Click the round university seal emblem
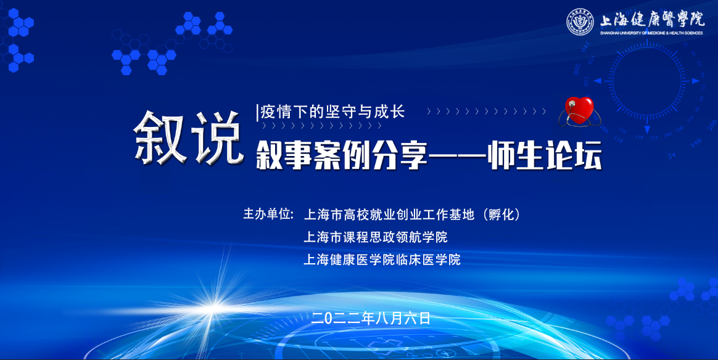580,22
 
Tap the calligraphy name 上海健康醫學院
652,19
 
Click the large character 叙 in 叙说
160,137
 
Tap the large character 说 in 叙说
217,137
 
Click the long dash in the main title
458,157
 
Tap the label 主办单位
266,214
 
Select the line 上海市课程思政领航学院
376,237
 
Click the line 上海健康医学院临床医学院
382,260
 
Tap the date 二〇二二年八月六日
371,318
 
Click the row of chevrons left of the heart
486,111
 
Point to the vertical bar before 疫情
258,113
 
